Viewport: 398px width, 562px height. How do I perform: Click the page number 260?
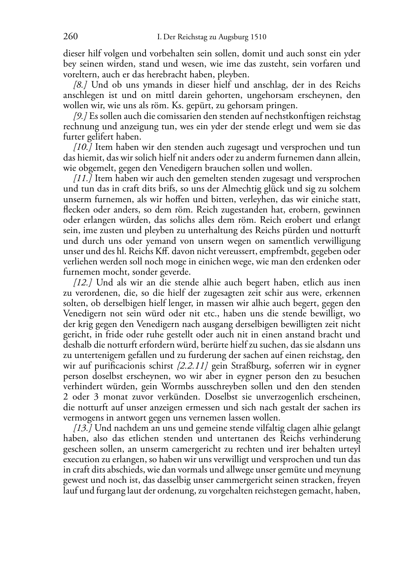point(70,37)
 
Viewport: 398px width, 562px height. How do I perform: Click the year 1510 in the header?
point(258,38)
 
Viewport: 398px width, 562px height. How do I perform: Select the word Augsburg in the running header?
point(234,38)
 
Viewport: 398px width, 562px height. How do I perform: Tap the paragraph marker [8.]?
point(80,85)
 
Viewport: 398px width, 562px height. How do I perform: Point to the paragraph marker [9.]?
point(80,116)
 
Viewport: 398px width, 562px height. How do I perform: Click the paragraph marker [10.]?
point(83,147)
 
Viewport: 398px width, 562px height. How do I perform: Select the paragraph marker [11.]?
point(83,178)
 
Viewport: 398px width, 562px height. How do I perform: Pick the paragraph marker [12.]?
point(83,283)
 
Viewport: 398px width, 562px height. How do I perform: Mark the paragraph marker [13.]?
point(83,428)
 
